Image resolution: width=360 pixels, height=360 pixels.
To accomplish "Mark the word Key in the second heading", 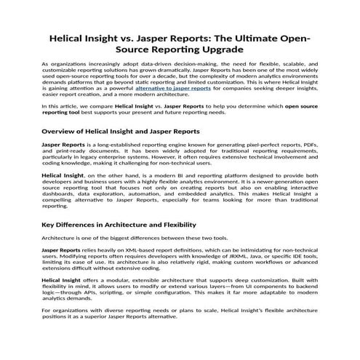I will click(x=50, y=225).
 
